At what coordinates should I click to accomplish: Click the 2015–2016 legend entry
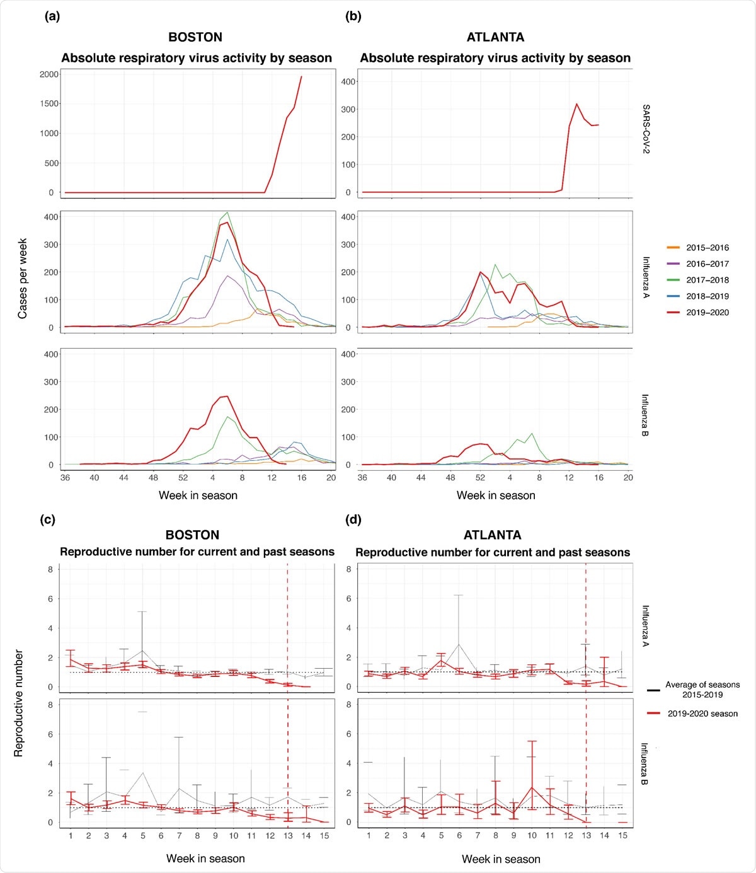(x=707, y=248)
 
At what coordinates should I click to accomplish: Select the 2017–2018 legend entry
(x=707, y=280)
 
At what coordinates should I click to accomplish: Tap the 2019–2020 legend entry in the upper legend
(x=707, y=312)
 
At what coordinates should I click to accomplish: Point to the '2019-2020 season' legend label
(x=702, y=714)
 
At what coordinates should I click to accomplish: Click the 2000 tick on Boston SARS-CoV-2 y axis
(x=49, y=74)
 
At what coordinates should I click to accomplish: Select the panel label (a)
(x=52, y=16)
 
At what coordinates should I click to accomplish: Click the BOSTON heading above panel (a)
(x=195, y=37)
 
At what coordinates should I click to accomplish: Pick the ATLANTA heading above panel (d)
(x=492, y=535)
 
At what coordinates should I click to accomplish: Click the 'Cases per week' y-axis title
(x=23, y=278)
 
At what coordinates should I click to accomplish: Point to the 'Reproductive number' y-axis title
(x=19, y=703)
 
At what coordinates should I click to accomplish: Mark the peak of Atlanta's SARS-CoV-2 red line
(x=576, y=104)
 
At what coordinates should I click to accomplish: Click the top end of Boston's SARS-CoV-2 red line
(x=302, y=76)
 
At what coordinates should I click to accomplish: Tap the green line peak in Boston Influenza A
(x=227, y=212)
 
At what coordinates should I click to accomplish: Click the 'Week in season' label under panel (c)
(x=205, y=859)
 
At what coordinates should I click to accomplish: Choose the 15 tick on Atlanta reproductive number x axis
(x=622, y=835)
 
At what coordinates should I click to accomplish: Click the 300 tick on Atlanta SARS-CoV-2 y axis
(x=348, y=109)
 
